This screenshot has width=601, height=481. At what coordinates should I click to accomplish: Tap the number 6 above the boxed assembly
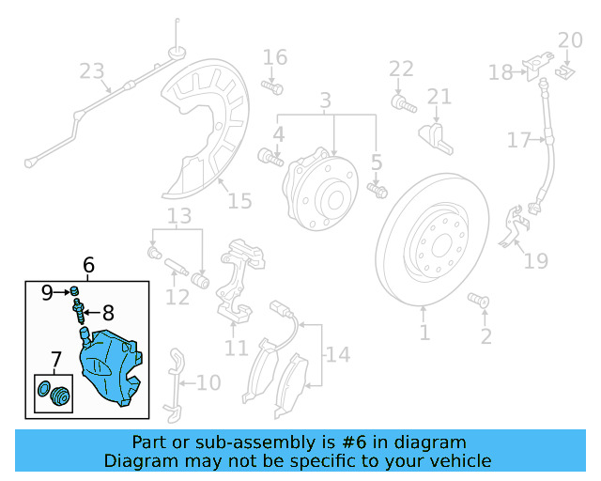click(x=89, y=266)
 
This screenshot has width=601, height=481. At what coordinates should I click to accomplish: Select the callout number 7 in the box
click(x=55, y=358)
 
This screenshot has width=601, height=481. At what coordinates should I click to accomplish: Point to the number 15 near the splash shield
click(x=239, y=201)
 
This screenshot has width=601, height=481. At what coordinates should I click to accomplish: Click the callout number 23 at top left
click(x=92, y=71)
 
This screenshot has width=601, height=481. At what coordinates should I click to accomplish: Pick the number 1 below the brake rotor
click(x=424, y=333)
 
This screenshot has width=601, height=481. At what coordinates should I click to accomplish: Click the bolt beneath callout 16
click(x=272, y=87)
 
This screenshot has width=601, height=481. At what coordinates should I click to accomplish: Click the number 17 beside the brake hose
click(x=519, y=141)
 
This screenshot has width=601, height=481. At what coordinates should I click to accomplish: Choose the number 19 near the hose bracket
click(x=535, y=260)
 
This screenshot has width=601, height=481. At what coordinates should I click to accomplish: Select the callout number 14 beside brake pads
click(x=337, y=354)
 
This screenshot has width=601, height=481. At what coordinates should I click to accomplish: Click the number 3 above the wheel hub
click(x=325, y=100)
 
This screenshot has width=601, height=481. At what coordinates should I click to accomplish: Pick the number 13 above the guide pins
click(x=178, y=217)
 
